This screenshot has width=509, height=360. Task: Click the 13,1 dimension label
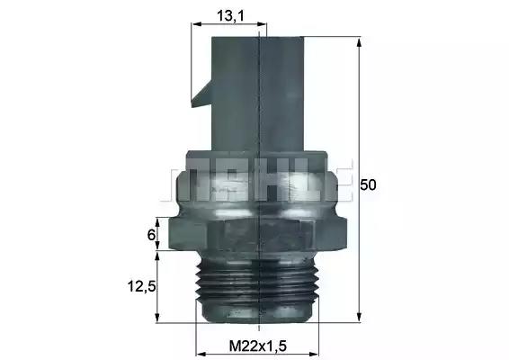pos(230,16)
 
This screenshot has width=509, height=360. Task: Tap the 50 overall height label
pos(368,184)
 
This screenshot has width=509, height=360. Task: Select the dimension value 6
pos(151,235)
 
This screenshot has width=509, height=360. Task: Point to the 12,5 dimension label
pos(142,286)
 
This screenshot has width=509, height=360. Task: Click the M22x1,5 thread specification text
pos(258,346)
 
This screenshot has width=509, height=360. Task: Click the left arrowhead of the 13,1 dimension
pos(197,24)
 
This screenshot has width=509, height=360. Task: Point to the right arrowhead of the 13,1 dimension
pos(262,24)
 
